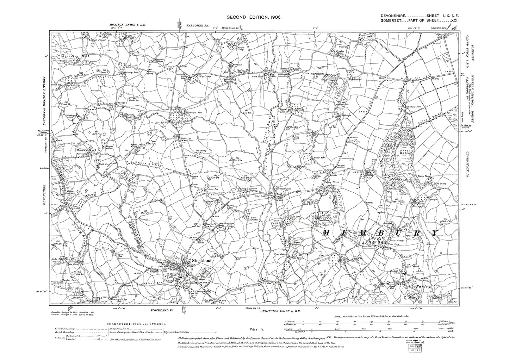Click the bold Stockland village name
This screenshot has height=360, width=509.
(201, 260)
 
